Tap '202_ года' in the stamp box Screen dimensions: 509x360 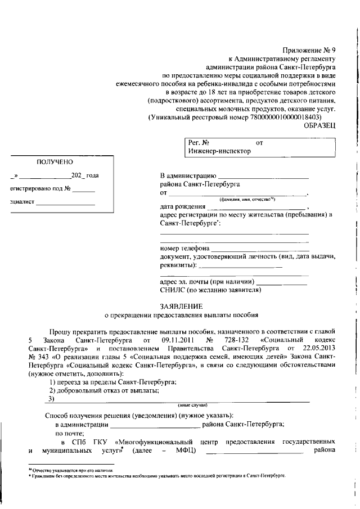click(85, 175)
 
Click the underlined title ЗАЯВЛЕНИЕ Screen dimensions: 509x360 click(181, 307)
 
